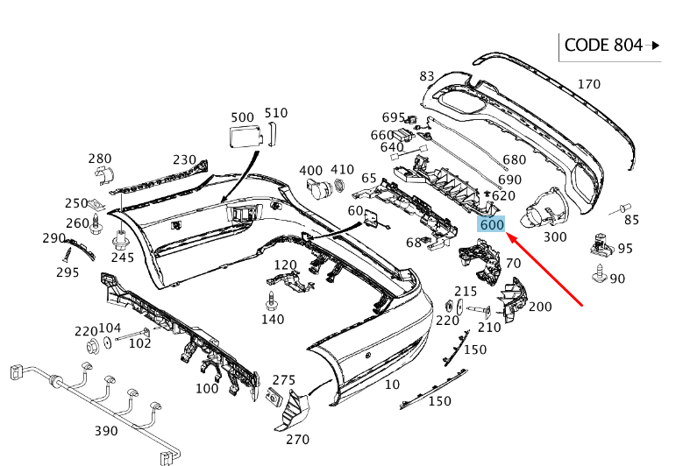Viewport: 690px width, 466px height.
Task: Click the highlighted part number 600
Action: pos(491,224)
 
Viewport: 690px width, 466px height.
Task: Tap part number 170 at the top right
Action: pos(588,84)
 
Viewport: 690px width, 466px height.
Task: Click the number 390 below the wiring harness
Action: pos(106,431)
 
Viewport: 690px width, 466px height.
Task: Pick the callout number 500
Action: pos(242,116)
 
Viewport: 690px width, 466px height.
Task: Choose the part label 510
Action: pos(275,112)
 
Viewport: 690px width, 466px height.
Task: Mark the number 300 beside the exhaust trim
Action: pos(555,237)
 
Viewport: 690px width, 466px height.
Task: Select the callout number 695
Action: pos(394,117)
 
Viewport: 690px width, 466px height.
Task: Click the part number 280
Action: pos(100,159)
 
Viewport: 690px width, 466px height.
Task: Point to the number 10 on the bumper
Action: pos(392,384)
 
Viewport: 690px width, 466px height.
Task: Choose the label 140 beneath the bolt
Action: pos(273,320)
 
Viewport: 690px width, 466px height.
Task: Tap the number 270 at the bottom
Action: pos(298,440)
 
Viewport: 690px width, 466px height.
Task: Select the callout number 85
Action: pos(631,220)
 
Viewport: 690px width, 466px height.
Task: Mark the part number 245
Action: pos(123,258)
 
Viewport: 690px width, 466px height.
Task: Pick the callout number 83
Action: pos(427,76)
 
